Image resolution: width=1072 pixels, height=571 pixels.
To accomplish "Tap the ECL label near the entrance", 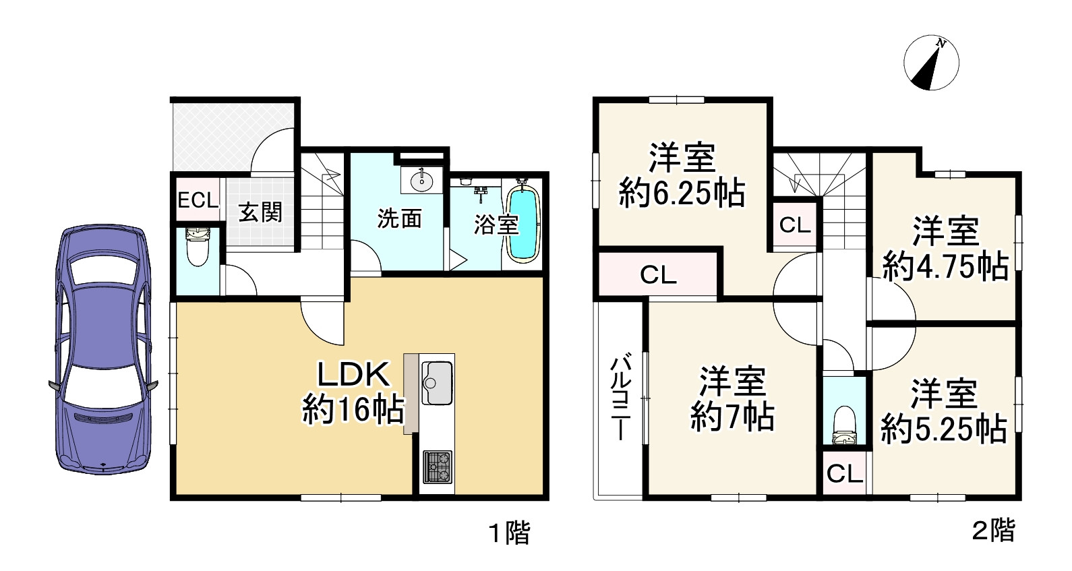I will tap(198, 200).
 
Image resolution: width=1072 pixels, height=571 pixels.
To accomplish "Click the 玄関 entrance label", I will tap(260, 212).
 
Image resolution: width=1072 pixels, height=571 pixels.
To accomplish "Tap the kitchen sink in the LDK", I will tap(437, 383).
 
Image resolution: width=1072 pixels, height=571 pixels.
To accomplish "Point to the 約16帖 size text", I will tap(353, 409).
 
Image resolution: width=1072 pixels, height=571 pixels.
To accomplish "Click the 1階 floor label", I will tap(510, 533).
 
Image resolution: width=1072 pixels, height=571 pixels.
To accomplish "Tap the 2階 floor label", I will tap(993, 531).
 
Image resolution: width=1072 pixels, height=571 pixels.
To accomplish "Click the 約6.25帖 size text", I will tap(682, 193).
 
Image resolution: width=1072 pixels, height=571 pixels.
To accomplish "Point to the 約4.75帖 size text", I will tap(945, 266).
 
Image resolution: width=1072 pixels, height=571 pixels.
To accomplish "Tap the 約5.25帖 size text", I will tap(944, 428).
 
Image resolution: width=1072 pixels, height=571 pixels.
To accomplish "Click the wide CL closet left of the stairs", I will tap(658, 274).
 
